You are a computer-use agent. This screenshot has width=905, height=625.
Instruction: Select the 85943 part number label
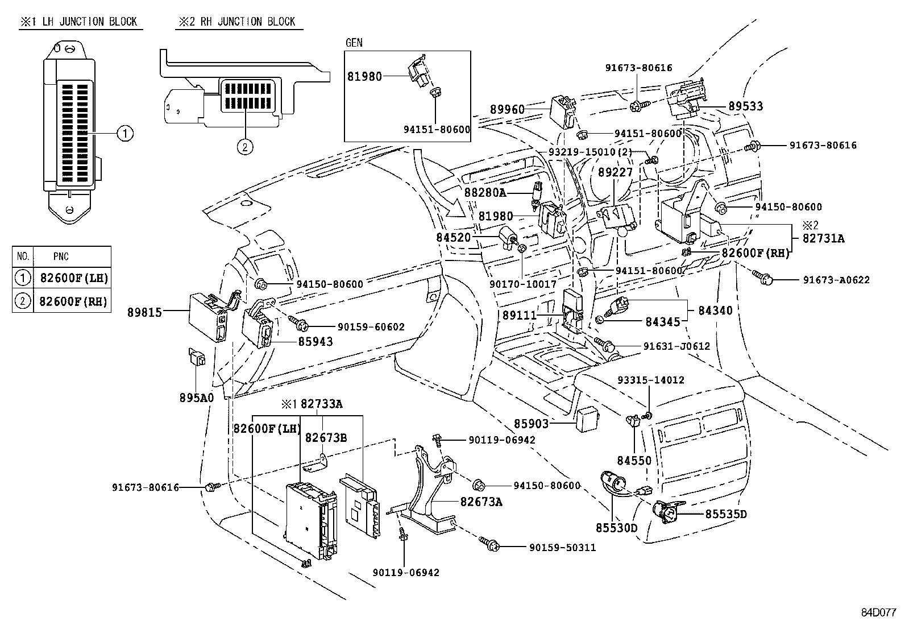coord(315,342)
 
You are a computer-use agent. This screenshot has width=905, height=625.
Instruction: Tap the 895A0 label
coord(197,398)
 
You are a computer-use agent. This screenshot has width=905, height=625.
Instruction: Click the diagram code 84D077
coord(878,613)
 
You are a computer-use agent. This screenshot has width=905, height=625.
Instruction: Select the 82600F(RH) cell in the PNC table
coord(73,301)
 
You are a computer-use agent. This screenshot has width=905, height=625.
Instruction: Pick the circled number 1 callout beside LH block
coord(125,134)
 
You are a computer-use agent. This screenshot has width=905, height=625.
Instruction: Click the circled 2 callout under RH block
coord(244,147)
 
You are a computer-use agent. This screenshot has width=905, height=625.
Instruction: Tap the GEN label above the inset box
coord(354,43)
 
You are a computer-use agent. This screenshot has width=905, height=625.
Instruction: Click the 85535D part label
coord(726,514)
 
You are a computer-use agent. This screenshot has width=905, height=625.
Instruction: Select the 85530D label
coord(616,528)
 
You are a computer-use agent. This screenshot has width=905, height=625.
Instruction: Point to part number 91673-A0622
coord(836,280)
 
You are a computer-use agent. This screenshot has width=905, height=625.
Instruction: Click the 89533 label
coord(746,106)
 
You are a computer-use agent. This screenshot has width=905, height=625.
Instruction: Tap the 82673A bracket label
coord(481,502)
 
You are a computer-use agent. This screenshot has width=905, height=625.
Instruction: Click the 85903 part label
coord(532,424)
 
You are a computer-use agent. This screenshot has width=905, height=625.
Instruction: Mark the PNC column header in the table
coord(61,256)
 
